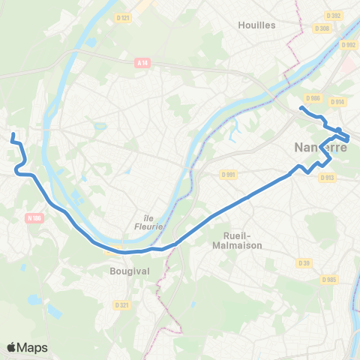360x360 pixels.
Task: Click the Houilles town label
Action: tap(256, 25)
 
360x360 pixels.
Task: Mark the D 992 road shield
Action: tap(349, 45)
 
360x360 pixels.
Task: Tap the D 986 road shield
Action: tap(313, 97)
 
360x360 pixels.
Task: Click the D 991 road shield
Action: tap(229, 175)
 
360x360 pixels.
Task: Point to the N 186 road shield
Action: tap(33, 218)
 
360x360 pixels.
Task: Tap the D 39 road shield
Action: tap(304, 263)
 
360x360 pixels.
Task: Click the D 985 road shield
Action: tap(331, 279)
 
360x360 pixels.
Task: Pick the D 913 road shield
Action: tap(327, 178)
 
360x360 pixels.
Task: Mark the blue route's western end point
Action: tap(13, 135)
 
